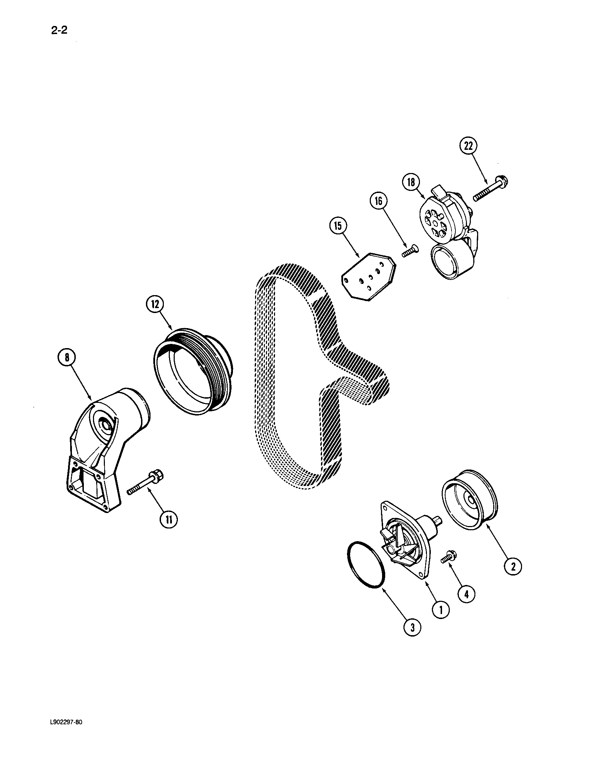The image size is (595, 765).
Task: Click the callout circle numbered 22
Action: [469, 146]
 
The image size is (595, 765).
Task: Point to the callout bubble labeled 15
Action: [338, 226]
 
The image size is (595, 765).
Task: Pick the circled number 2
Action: [513, 566]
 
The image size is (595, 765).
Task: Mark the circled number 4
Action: [467, 594]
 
